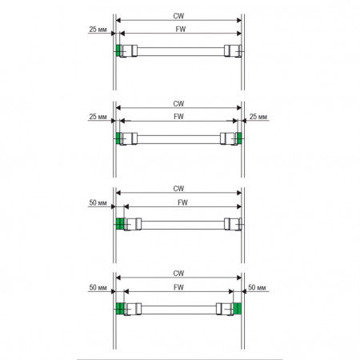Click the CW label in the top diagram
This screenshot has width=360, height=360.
click(178, 16)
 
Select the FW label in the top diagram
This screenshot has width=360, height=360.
click(181, 30)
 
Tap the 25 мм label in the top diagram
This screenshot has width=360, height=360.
click(98, 30)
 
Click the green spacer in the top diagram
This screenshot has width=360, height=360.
click(118, 50)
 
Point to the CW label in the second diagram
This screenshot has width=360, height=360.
click(178, 104)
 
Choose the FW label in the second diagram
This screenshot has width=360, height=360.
click(178, 117)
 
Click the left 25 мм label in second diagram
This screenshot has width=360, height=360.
click(98, 117)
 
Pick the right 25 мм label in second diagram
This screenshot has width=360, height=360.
click(258, 117)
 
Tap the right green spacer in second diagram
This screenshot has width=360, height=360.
click(239, 138)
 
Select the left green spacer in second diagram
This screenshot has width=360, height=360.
click(118, 138)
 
